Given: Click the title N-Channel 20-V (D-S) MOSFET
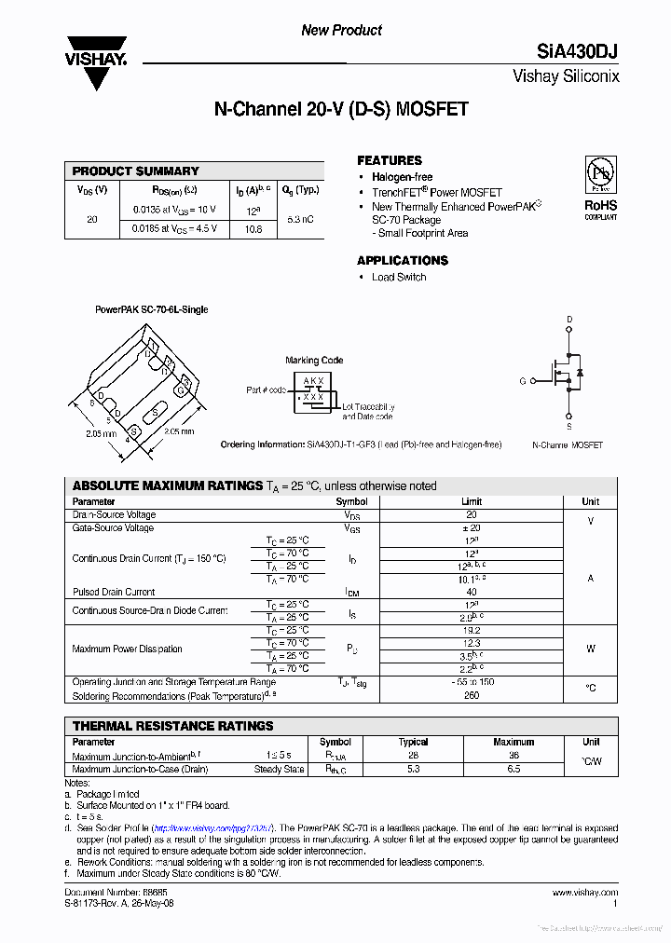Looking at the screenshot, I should click(x=341, y=110).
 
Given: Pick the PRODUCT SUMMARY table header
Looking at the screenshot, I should click(x=136, y=171).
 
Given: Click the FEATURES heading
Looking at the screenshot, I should click(x=390, y=160).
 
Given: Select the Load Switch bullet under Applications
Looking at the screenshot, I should click(x=399, y=277).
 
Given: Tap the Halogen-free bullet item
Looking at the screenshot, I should click(x=402, y=177).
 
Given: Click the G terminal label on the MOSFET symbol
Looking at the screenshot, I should click(x=523, y=380).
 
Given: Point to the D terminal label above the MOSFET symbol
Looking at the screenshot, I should click(x=569, y=320).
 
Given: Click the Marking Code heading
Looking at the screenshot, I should click(x=314, y=360).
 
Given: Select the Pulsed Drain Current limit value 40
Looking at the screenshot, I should click(x=472, y=592).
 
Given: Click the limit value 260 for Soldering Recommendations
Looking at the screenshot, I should click(x=472, y=695).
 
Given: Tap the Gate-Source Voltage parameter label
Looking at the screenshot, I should click(x=114, y=528).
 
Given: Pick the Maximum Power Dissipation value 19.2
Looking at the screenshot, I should click(x=472, y=630).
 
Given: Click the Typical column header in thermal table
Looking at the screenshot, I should click(x=413, y=743).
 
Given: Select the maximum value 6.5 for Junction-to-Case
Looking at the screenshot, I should click(x=514, y=770).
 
